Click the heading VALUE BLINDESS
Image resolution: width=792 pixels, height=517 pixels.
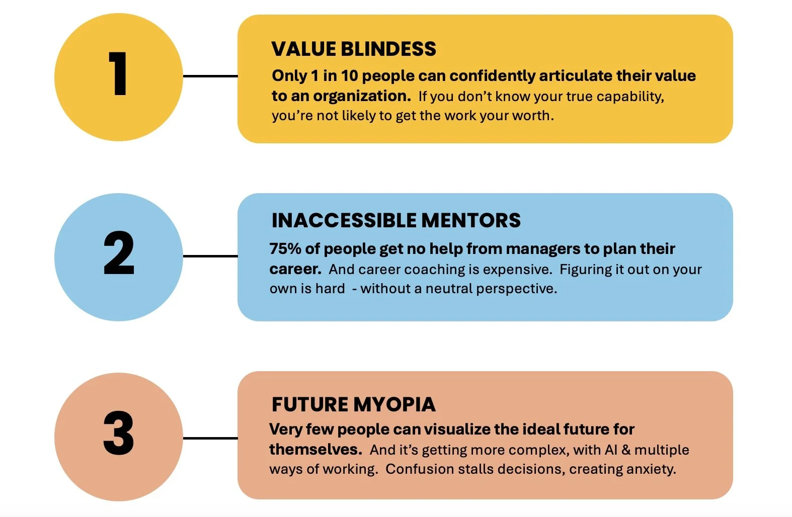coord(354,49)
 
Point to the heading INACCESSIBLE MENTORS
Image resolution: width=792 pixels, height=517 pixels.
coord(396,220)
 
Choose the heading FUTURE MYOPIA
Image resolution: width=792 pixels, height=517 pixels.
coord(353,404)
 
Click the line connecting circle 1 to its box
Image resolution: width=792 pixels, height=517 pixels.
coord(210,76)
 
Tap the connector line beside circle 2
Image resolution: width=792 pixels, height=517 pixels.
coord(210,256)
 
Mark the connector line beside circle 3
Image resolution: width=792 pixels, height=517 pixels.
coord(210,438)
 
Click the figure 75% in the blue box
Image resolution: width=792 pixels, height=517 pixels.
coord(285,248)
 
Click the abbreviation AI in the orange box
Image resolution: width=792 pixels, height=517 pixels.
coord(611,450)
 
